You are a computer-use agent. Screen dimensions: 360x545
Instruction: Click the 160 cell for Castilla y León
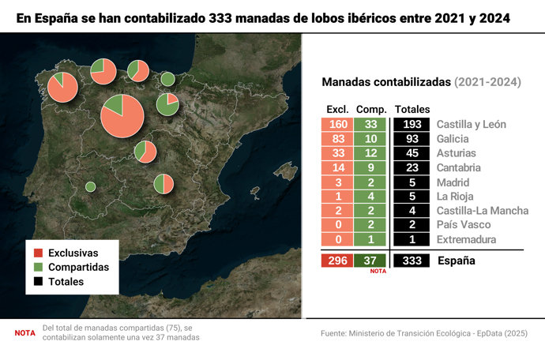pyautogui.click(x=337, y=124)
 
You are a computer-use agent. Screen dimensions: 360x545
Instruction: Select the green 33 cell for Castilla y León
pyautogui.click(x=370, y=124)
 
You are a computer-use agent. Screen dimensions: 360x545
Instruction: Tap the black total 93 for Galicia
pyautogui.click(x=410, y=139)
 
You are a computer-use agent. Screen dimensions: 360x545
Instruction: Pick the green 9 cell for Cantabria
pyautogui.click(x=370, y=167)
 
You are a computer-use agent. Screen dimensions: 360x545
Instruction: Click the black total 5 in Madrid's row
pyautogui.click(x=410, y=182)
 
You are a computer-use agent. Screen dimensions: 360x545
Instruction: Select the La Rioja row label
pyautogui.click(x=455, y=197)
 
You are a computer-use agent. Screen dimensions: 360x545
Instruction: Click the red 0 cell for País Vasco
pyautogui.click(x=337, y=225)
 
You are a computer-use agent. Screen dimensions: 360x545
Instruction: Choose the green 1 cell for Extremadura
pyautogui.click(x=370, y=239)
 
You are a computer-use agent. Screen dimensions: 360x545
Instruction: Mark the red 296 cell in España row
pyautogui.click(x=337, y=261)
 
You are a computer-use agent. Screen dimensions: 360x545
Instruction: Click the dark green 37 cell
pyautogui.click(x=370, y=261)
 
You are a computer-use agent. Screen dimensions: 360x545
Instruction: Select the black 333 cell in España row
pyautogui.click(x=410, y=261)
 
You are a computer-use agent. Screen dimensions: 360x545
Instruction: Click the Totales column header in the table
pyautogui.click(x=411, y=108)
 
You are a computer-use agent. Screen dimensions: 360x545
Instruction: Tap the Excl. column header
pyautogui.click(x=337, y=108)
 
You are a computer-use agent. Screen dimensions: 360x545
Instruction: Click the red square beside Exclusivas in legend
pyautogui.click(x=37, y=253)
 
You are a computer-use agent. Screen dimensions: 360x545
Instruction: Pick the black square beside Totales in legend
pyautogui.click(x=37, y=282)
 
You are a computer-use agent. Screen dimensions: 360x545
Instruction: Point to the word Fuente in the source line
pyautogui.click(x=337, y=333)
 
